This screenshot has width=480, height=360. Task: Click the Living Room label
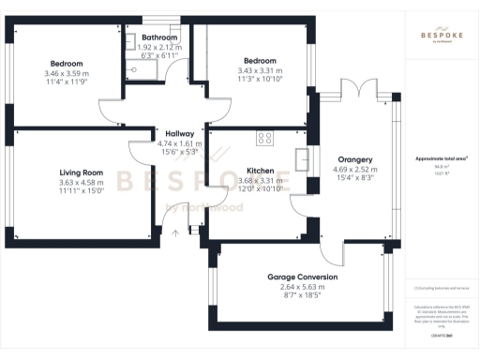click(x=80, y=172)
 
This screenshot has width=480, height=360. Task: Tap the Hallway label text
click(x=167, y=134)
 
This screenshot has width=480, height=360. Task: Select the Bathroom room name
click(x=153, y=37)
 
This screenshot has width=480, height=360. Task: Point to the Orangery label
click(x=355, y=159)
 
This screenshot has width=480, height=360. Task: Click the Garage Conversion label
click(x=303, y=278)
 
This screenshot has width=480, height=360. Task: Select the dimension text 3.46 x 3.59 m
click(x=66, y=73)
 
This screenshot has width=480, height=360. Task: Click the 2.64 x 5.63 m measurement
click(x=303, y=289)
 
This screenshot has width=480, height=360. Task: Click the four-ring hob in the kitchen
click(x=264, y=138)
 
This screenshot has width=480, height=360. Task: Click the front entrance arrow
click(x=172, y=233)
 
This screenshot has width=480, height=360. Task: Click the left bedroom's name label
click(x=66, y=63)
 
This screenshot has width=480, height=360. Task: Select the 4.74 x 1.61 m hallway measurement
click(x=167, y=143)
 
